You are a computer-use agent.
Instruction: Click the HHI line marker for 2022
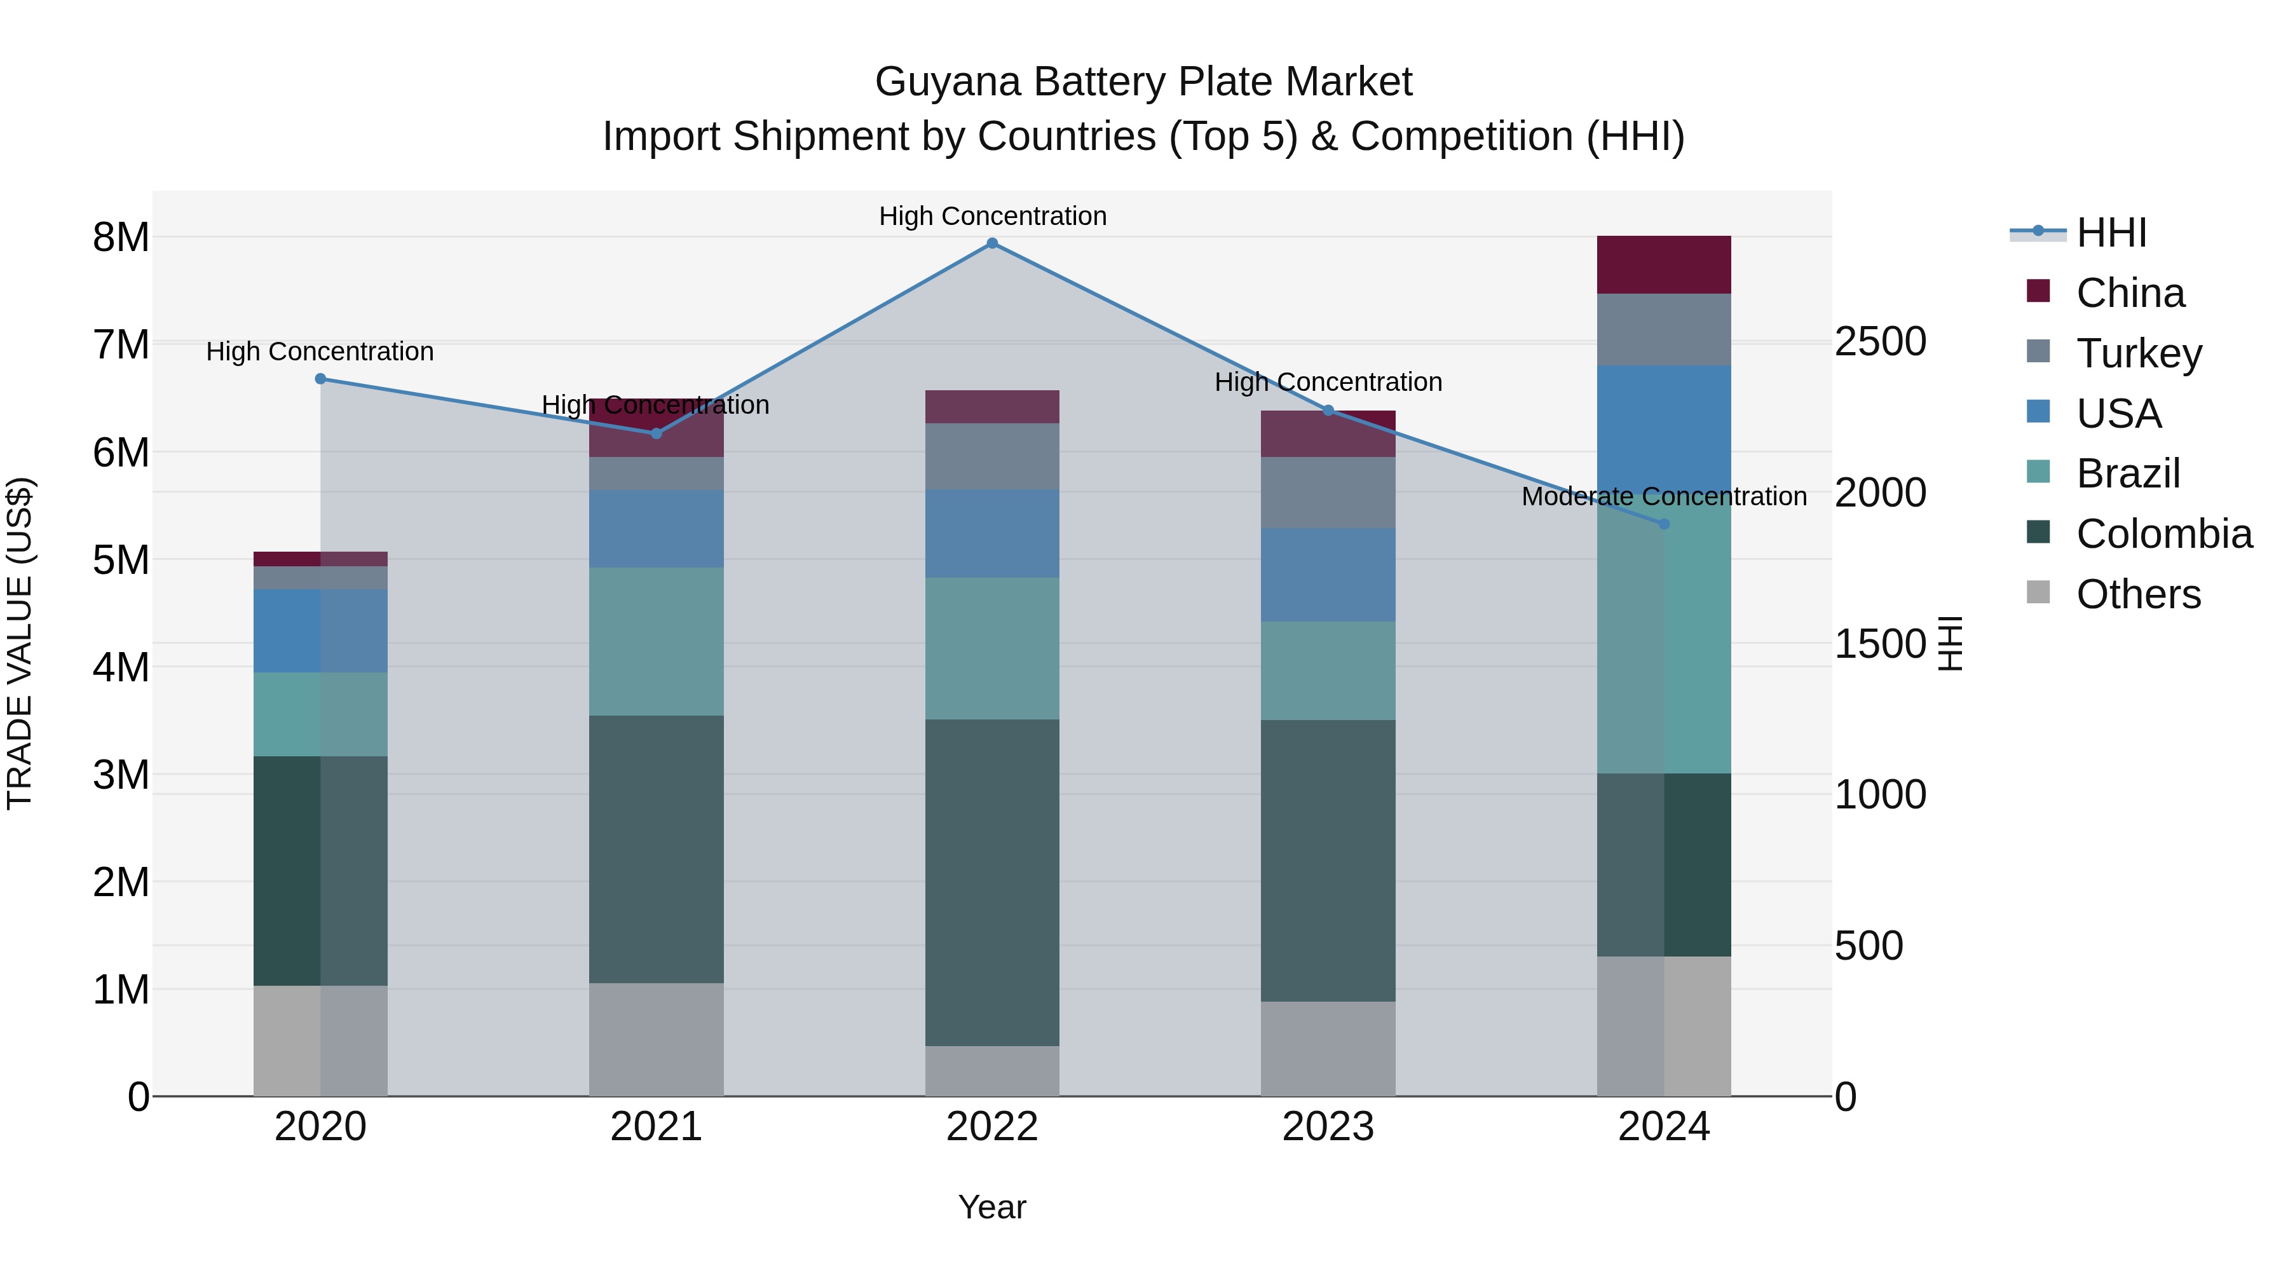pyautogui.click(x=992, y=243)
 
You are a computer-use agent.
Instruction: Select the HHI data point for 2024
pyautogui.click(x=1664, y=524)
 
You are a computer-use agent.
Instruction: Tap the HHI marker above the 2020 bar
pyautogui.click(x=321, y=379)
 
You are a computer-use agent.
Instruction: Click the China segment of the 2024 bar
pyautogui.click(x=1664, y=264)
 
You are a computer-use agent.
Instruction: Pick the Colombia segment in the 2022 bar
pyautogui.click(x=992, y=882)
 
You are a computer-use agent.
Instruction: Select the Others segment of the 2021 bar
pyautogui.click(x=657, y=1039)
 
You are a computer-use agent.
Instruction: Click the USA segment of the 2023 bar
pyautogui.click(x=1328, y=575)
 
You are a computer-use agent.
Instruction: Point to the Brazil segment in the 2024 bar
pyautogui.click(x=1664, y=639)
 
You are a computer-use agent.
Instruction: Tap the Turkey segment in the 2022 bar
pyautogui.click(x=992, y=456)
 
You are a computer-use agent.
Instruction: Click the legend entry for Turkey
pyautogui.click(x=2138, y=353)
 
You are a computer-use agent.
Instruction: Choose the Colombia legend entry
pyautogui.click(x=2163, y=534)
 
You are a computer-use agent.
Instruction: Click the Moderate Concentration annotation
pyautogui.click(x=1664, y=496)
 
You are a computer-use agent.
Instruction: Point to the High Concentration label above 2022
pyautogui.click(x=992, y=217)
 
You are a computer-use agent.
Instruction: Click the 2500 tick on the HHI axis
pyautogui.click(x=1881, y=342)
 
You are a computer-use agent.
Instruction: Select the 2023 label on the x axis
pyautogui.click(x=1328, y=1127)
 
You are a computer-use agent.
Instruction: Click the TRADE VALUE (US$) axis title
pyautogui.click(x=20, y=643)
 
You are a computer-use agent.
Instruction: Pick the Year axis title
pyautogui.click(x=992, y=1207)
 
